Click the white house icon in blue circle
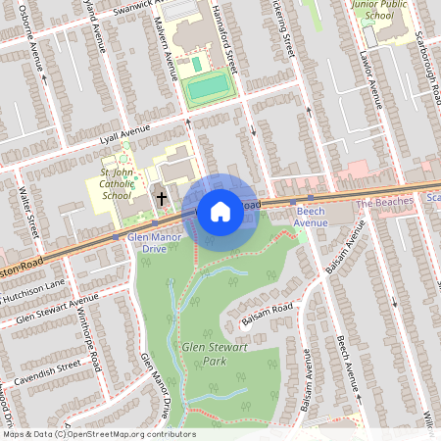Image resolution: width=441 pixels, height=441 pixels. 220,210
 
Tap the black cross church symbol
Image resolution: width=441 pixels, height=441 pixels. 162,199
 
